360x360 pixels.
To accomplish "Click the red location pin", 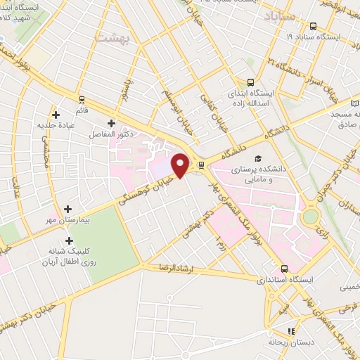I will tap(181, 165).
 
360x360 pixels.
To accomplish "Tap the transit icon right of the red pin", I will tap(202, 166).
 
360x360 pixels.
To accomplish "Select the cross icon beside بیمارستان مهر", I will tap(68, 209).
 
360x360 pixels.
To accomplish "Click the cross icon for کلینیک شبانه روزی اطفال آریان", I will tap(68, 241).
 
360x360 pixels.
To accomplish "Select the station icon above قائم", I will tap(82, 100).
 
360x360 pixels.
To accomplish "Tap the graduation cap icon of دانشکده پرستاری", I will tap(259, 160).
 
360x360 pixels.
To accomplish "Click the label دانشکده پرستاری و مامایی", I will tap(261, 174).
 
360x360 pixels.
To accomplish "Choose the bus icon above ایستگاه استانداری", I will tap(284, 268).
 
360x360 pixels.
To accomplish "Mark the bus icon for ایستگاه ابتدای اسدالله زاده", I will tap(250, 82).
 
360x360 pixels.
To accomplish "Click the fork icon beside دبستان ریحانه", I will tap(291, 331).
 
